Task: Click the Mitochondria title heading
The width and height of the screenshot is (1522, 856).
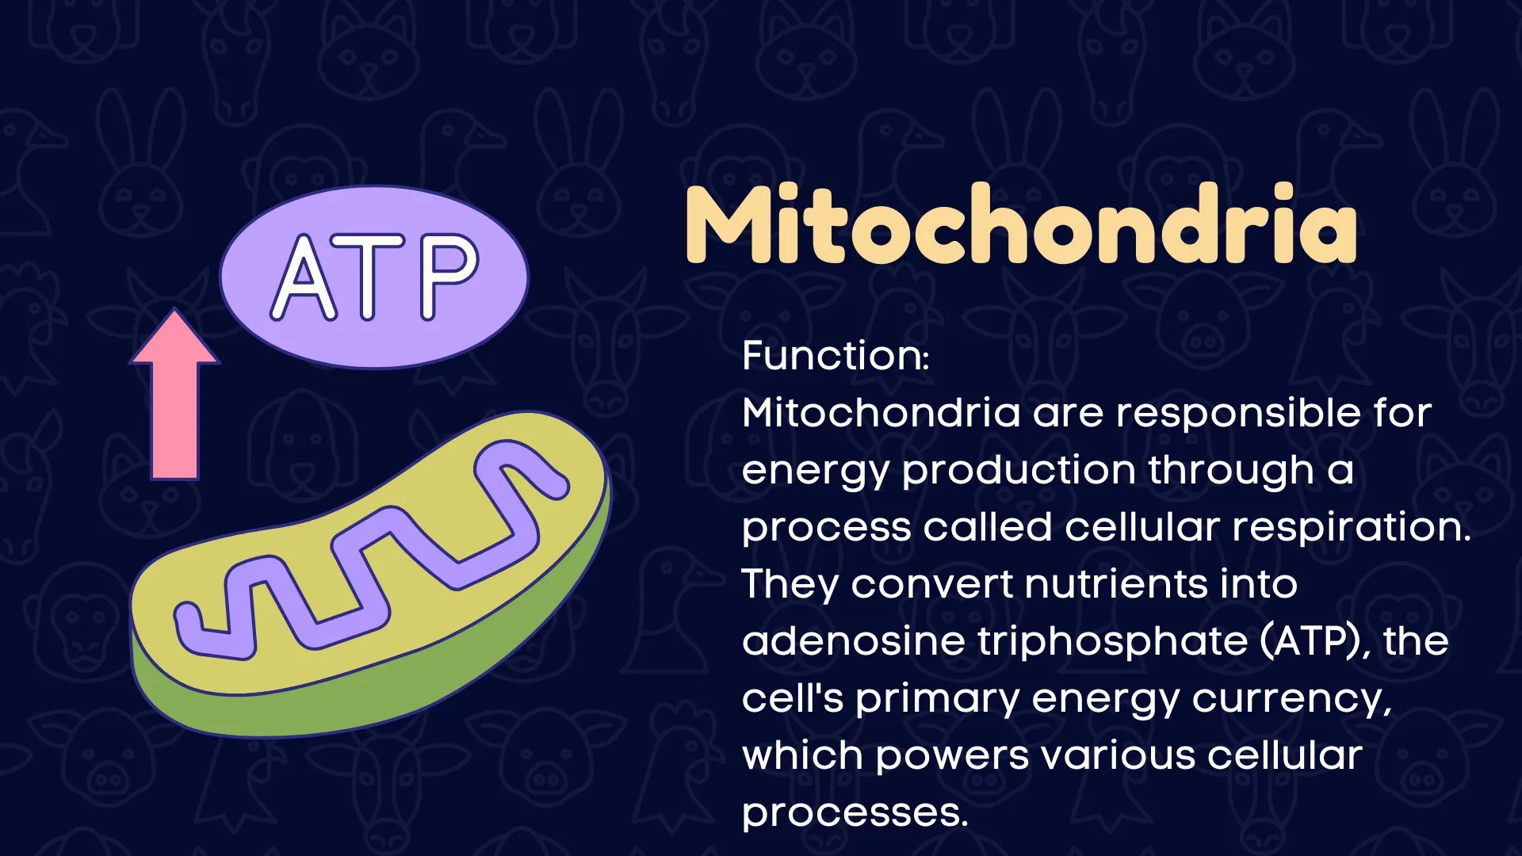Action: coord(1021,224)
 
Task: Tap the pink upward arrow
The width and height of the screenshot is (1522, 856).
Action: coord(175,395)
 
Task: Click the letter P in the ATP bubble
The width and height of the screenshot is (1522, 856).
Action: coord(449,277)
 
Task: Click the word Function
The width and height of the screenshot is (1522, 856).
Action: coord(833,355)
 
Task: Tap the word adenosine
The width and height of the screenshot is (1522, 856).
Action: coord(852,641)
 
